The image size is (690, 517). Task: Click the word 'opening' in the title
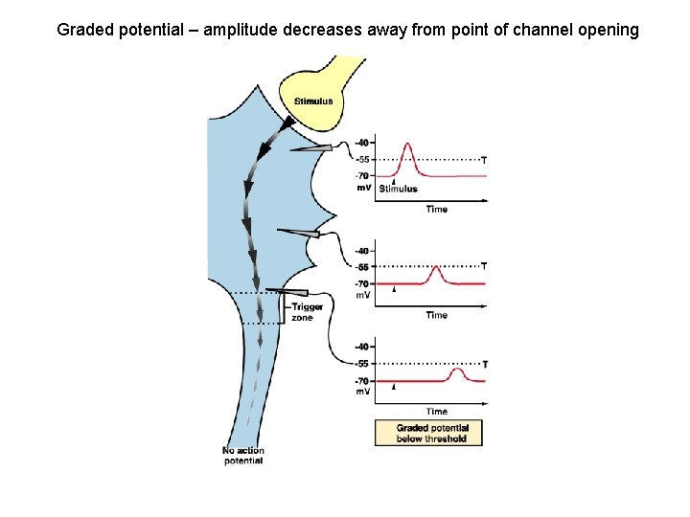pos(608,30)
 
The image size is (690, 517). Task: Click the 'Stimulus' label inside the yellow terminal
pos(313,101)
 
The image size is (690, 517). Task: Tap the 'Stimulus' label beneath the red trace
pos(399,189)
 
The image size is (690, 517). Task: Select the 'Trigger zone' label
pos(307,312)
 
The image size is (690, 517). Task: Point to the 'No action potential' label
pos(243,456)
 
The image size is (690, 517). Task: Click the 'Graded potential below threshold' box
pos(432,433)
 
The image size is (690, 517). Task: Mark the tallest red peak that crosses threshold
pos(408,146)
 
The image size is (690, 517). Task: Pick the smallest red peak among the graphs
pos(458,371)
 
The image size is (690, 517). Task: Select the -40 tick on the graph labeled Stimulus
pos(361,144)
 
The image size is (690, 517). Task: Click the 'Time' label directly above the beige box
pos(436,412)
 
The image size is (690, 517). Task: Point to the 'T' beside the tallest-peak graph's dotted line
pos(484,160)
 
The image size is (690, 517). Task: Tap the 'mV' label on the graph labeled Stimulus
pos(364,188)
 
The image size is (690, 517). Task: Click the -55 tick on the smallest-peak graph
pos(362,364)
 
